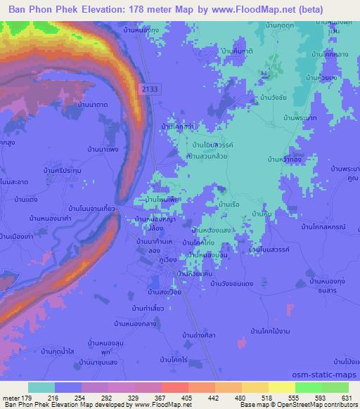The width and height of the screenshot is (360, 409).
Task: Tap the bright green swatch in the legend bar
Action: point(309,387)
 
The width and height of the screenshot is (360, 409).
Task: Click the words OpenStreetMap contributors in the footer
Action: point(310,405)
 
